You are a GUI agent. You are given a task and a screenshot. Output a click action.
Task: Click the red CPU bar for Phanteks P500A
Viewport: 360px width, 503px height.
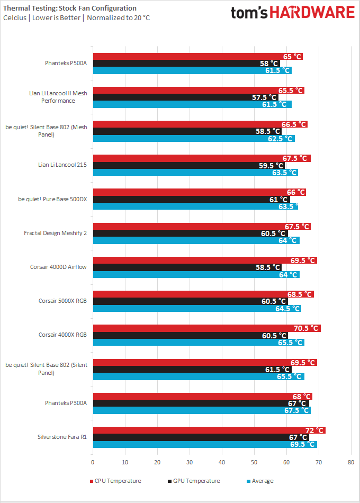click(x=196, y=56)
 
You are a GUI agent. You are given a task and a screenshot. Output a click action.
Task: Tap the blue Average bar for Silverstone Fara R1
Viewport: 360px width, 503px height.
click(x=204, y=444)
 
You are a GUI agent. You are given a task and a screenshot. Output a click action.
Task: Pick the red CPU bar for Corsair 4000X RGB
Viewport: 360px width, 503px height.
click(x=206, y=328)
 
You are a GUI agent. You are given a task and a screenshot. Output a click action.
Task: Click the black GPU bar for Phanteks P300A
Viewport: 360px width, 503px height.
click(x=201, y=403)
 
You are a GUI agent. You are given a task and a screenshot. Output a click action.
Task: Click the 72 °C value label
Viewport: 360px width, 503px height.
click(x=314, y=430)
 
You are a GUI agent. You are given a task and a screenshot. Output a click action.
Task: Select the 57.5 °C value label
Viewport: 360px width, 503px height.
click(x=265, y=97)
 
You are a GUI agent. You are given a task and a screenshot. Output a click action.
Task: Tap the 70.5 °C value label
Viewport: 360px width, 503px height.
click(x=308, y=328)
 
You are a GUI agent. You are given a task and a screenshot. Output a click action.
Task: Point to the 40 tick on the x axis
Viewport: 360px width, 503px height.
click(x=222, y=462)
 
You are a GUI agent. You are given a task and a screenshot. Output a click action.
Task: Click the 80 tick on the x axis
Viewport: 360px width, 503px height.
click(x=351, y=462)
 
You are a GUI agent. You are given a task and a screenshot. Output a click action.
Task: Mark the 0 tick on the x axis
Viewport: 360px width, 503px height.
click(x=93, y=462)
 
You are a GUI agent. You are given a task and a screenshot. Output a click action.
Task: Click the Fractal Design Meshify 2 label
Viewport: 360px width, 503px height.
click(x=55, y=233)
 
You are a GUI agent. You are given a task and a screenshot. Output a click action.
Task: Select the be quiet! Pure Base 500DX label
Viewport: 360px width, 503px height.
click(x=52, y=199)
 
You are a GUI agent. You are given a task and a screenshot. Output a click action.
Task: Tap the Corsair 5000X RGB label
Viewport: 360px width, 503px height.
click(x=62, y=301)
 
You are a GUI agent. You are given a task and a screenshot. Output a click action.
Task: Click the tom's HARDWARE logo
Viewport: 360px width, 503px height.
click(x=292, y=13)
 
